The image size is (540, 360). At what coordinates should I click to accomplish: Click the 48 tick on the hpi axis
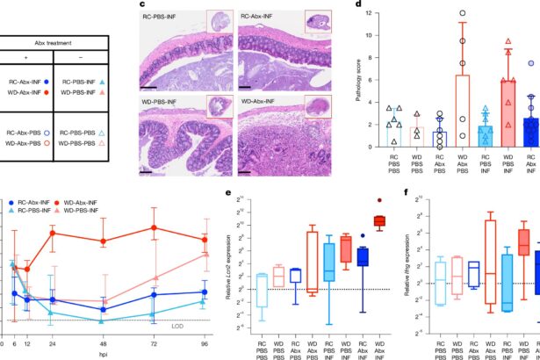[x=104, y=349]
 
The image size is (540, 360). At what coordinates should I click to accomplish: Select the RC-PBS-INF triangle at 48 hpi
[x=104, y=345]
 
